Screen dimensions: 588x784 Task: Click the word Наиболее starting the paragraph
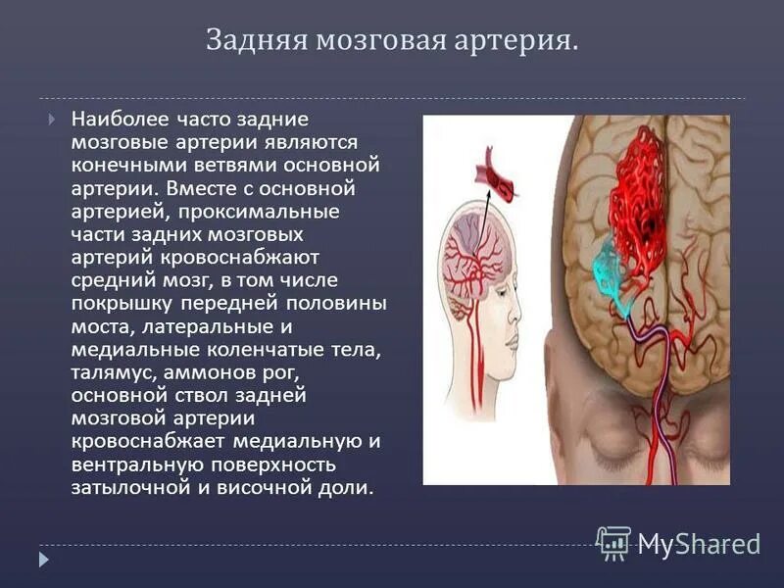[x=117, y=120]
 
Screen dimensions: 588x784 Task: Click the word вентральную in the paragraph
[x=136, y=464]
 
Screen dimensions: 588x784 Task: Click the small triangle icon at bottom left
[x=44, y=559]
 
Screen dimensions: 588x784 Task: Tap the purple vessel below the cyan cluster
[x=642, y=338]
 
